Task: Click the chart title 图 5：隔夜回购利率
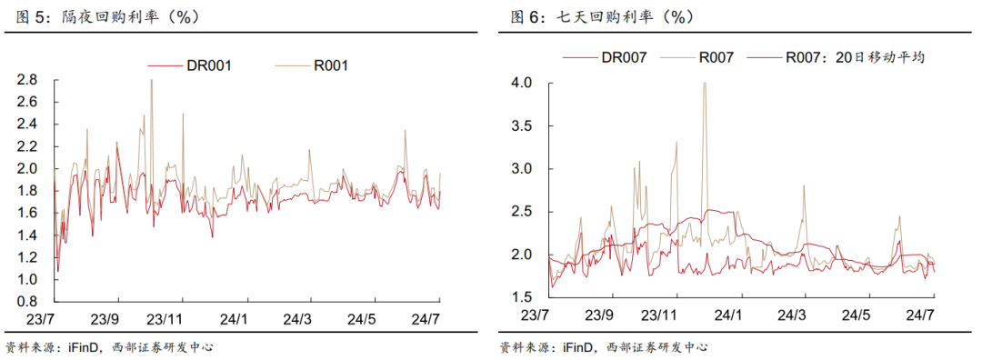[103, 16]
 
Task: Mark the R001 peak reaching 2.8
[151, 81]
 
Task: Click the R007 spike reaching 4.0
[705, 84]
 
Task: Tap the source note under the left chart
[109, 346]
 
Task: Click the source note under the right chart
[604, 346]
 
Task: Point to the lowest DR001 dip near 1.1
[58, 270]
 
